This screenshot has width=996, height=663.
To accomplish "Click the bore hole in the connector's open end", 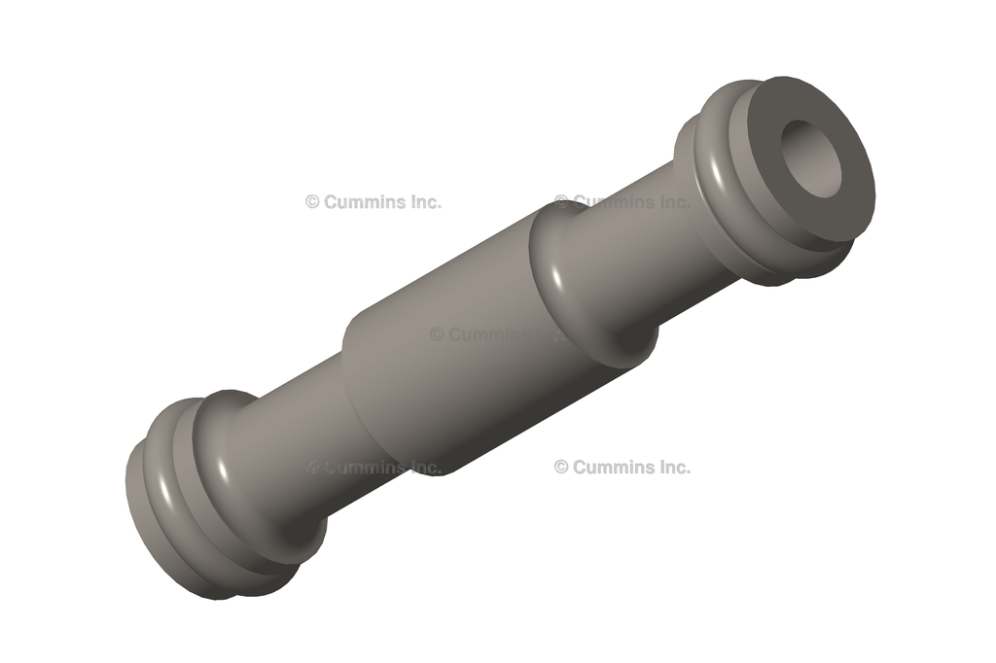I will point(815,157).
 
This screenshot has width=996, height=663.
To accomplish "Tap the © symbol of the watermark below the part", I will point(561,467).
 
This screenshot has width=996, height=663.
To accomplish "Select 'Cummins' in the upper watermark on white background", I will point(362,202).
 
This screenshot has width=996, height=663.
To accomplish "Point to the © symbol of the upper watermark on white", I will point(312,202).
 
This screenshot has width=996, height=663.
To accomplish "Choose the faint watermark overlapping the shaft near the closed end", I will point(374,467).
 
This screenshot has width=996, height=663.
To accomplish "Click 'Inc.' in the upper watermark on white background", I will point(420,202).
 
